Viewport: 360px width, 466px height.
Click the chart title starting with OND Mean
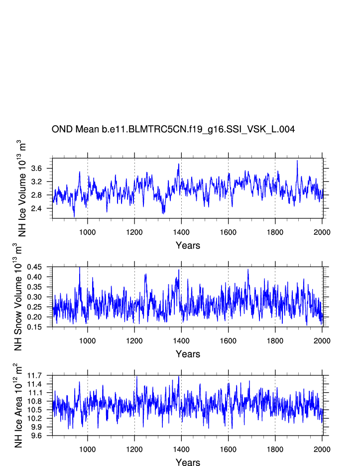click(x=173, y=130)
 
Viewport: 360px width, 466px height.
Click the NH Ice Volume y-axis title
click(x=22, y=188)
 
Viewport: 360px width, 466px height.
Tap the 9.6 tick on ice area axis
click(x=41, y=436)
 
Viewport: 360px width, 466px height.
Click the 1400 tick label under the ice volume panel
click(x=181, y=232)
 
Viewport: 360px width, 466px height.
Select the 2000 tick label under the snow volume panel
click(x=322, y=340)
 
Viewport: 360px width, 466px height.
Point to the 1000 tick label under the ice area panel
click(x=88, y=449)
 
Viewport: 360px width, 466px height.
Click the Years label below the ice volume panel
click(x=188, y=246)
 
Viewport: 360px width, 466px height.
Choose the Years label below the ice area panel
click(x=188, y=463)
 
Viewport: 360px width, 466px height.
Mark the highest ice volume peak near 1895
click(x=297, y=160)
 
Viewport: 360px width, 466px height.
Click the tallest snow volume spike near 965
click(x=80, y=268)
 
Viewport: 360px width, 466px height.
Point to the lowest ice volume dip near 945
click(x=74, y=217)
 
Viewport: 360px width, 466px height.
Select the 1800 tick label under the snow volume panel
click(x=275, y=340)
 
